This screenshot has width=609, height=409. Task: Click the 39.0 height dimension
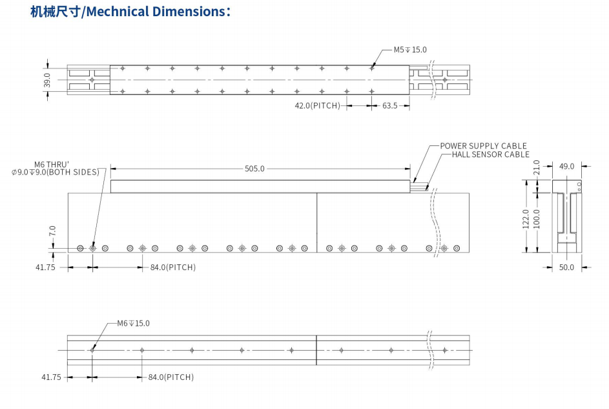pos(47,79)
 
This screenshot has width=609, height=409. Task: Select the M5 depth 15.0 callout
pos(410,50)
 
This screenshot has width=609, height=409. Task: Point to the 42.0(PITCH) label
pos(317,105)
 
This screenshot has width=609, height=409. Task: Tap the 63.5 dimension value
pos(390,105)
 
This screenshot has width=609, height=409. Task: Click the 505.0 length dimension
pos(254,169)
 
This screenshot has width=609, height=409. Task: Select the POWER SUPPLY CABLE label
pos(483,146)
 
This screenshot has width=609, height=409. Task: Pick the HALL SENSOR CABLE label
pos(490,154)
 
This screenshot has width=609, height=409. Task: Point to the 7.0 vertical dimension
pos(52,231)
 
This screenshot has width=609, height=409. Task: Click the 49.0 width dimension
pos(566,166)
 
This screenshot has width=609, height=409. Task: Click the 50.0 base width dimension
pos(566,267)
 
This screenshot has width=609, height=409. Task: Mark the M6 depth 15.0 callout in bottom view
pos(133,323)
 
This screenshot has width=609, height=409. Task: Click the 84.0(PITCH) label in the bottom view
pos(171,377)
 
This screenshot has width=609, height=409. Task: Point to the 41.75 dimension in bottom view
pos(52,377)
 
